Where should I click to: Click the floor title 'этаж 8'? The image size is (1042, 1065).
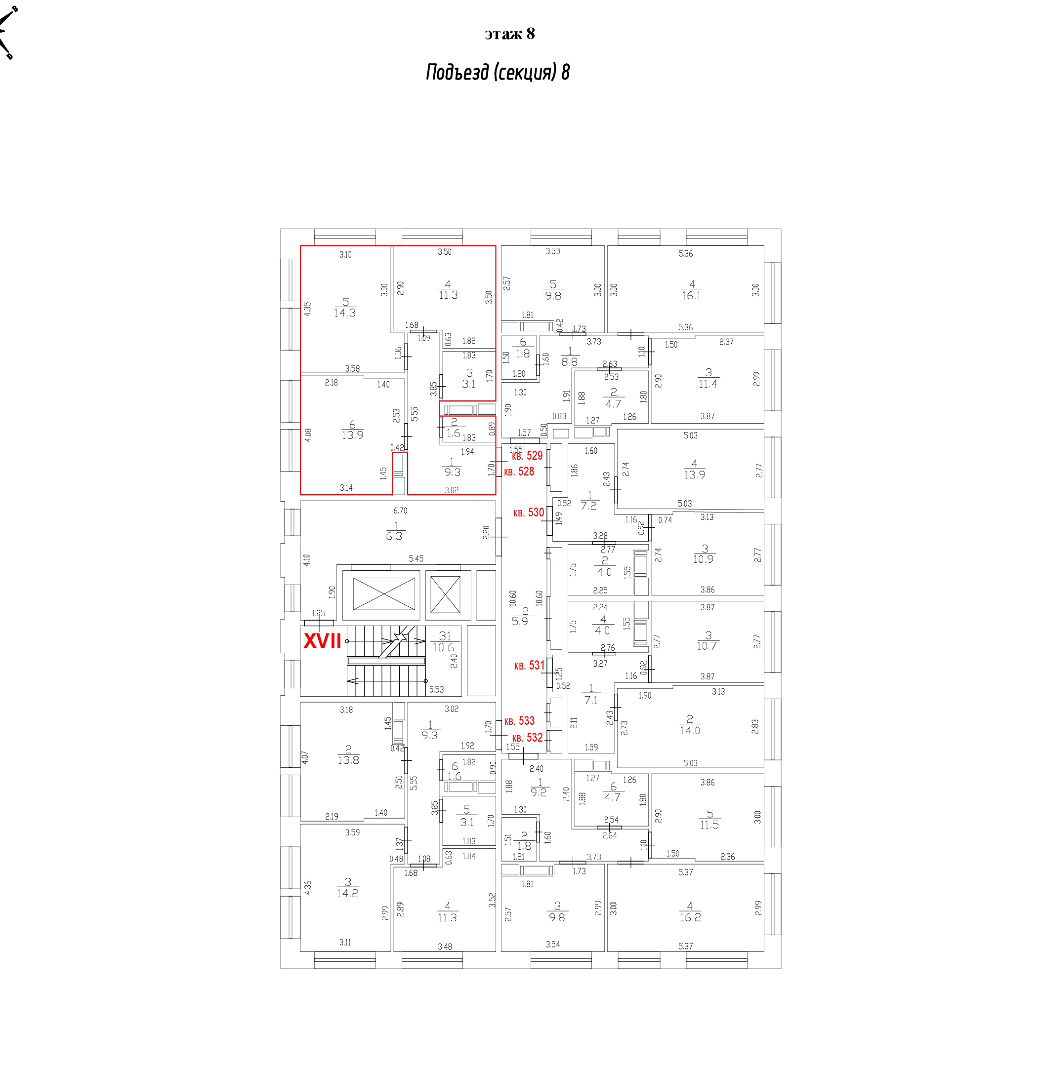pyautogui.click(x=509, y=34)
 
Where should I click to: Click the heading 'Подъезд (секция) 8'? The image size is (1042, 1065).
pyautogui.click(x=498, y=72)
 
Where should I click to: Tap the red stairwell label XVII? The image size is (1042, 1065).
pyautogui.click(x=322, y=640)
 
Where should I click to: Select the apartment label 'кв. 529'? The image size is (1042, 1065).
pyautogui.click(x=527, y=456)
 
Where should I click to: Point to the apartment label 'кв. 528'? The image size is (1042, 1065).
pyautogui.click(x=519, y=472)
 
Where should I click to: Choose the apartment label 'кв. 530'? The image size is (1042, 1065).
pyautogui.click(x=529, y=513)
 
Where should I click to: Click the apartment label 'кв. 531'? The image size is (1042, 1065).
pyautogui.click(x=529, y=666)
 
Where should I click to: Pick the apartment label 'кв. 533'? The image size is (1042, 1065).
pyautogui.click(x=519, y=721)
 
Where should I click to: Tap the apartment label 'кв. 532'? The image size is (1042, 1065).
pyautogui.click(x=527, y=737)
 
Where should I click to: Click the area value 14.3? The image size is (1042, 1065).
pyautogui.click(x=345, y=313)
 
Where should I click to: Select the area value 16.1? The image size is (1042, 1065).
pyautogui.click(x=691, y=295)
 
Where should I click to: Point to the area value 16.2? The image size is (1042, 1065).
pyautogui.click(x=690, y=917)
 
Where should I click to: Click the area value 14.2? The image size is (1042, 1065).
pyautogui.click(x=347, y=893)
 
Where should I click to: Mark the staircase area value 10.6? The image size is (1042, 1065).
pyautogui.click(x=443, y=648)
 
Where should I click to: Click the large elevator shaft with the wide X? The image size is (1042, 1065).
pyautogui.click(x=383, y=594)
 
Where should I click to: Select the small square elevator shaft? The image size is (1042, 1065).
pyautogui.click(x=445, y=594)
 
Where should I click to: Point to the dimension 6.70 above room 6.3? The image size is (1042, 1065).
pyautogui.click(x=400, y=511)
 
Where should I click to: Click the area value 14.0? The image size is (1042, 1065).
pyautogui.click(x=690, y=730)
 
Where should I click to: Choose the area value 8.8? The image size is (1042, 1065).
pyautogui.click(x=569, y=361)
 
